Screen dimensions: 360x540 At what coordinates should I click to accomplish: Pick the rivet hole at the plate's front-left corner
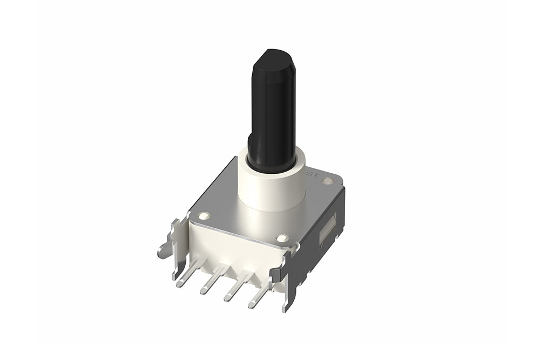203,216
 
